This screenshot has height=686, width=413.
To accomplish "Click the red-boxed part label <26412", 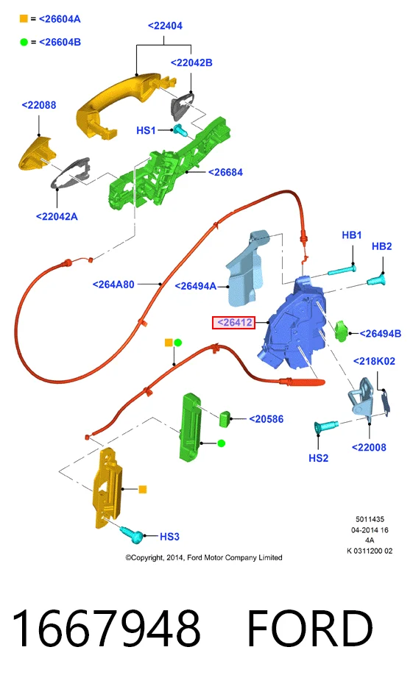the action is pos(233,323).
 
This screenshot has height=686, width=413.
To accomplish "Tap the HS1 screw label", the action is pos(146,130).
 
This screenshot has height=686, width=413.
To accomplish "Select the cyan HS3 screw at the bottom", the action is pos(131,535).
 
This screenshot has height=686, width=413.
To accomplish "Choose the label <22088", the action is pos(39,105).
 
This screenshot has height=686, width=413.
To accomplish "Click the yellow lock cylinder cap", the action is pos(36,153).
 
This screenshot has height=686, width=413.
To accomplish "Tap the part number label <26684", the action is pos(225,172).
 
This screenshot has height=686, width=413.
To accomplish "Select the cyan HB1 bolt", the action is pos(342,271).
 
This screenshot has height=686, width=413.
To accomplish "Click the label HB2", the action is pos(381,246).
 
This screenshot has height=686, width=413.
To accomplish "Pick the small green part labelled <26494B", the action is pos(341,331).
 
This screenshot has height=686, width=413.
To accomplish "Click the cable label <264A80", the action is pos(113,285).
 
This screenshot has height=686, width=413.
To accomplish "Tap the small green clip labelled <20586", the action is pos(225,418).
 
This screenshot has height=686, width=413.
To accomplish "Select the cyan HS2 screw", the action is pos(326,426).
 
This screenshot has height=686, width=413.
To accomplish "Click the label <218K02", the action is pos(374,361).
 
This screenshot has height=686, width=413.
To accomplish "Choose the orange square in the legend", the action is pos(24,18).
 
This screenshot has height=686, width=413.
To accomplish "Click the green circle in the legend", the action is pos(24,42).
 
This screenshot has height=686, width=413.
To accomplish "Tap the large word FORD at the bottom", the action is pos(310,628).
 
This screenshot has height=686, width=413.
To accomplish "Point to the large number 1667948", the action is pos(107,628).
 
